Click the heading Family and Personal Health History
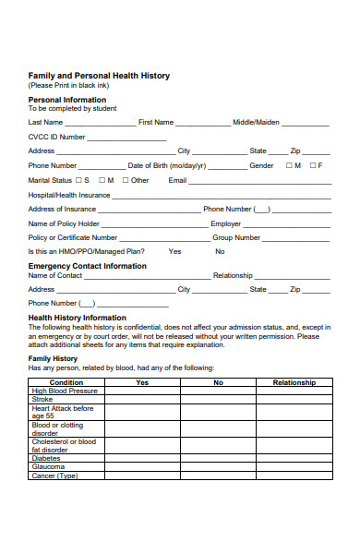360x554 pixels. pyautogui.click(x=99, y=76)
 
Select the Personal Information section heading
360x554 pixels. pyautogui.click(x=67, y=100)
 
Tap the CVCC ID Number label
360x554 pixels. pyautogui.click(x=57, y=137)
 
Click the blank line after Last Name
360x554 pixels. pyautogui.click(x=101, y=124)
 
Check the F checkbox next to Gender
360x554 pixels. pyautogui.click(x=310, y=165)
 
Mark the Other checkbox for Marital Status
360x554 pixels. pyautogui.click(x=125, y=180)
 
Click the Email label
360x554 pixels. pyautogui.click(x=177, y=180)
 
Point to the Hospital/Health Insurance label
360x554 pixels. pyautogui.click(x=69, y=195)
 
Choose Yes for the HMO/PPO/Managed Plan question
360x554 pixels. pyautogui.click(x=174, y=251)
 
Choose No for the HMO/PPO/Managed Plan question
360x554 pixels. pyautogui.click(x=220, y=251)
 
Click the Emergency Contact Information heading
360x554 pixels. pyautogui.click(x=87, y=266)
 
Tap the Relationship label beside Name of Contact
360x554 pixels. pyautogui.click(x=233, y=275)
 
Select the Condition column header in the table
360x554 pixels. pyautogui.click(x=66, y=382)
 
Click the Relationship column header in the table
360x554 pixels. pyautogui.click(x=294, y=382)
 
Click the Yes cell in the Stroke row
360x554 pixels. pyautogui.click(x=142, y=400)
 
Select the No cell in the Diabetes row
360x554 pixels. pyautogui.click(x=218, y=457)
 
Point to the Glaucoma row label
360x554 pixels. pyautogui.click(x=49, y=466)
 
